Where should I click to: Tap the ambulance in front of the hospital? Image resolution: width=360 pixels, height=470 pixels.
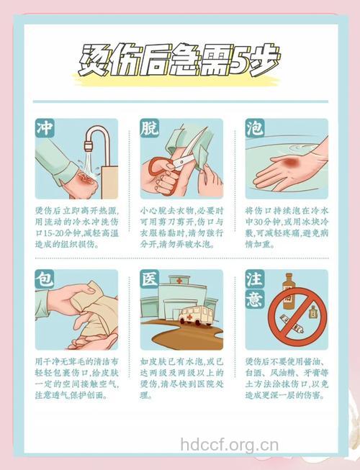197,315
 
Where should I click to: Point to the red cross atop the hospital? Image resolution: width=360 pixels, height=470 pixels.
176,280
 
